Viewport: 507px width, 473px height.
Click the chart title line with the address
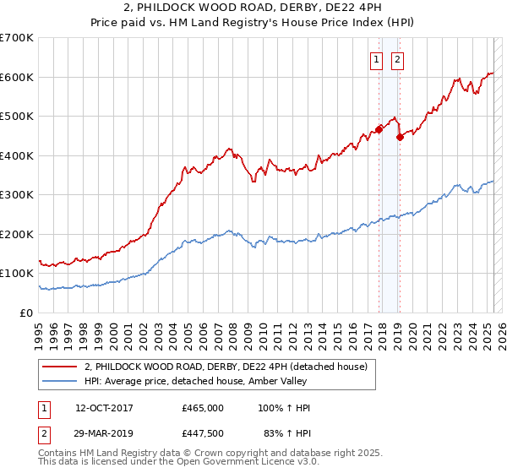(253, 9)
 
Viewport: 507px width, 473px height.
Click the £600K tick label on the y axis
(16, 77)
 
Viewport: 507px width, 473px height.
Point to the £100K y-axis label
(16, 274)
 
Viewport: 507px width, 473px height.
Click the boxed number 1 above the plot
(374, 59)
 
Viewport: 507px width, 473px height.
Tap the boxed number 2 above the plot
(396, 59)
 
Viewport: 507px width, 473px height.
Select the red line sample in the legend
(59, 367)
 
